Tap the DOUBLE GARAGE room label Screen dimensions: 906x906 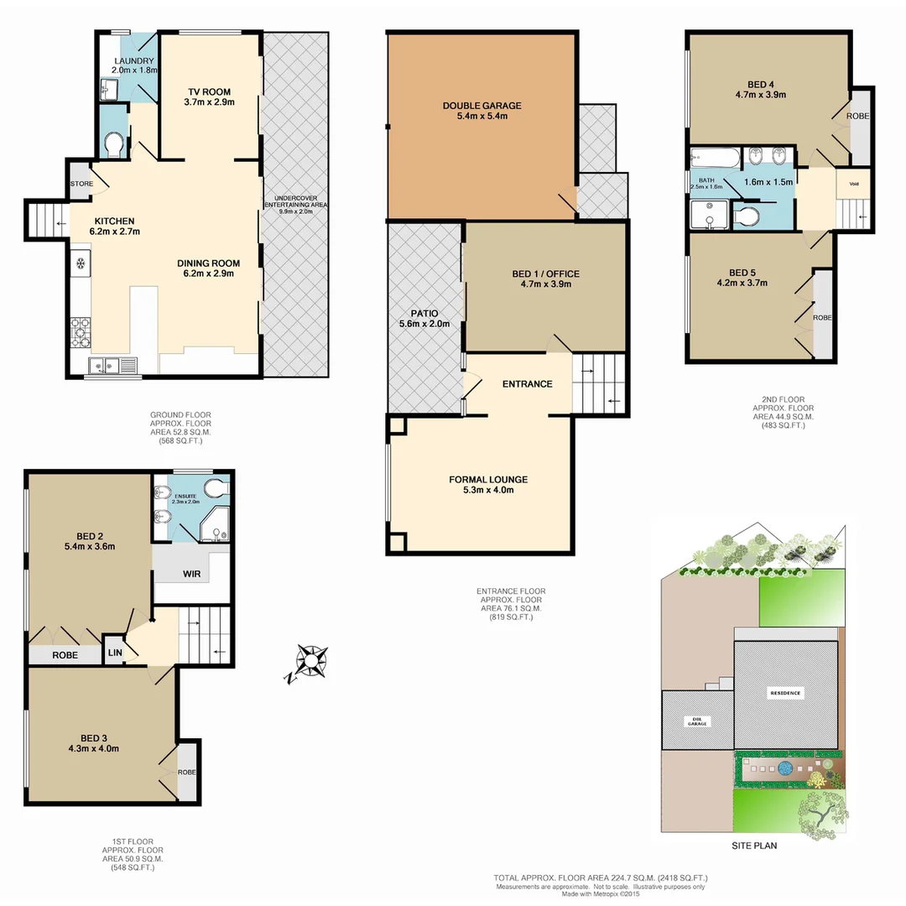[x=482, y=106]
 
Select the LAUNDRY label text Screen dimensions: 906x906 [x=133, y=61]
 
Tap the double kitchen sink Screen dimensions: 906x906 [x=107, y=364]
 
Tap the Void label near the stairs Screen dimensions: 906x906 [x=853, y=184]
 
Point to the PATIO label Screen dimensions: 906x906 [x=425, y=313]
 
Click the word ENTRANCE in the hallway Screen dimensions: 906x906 [x=527, y=384]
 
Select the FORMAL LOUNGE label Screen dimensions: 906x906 [x=487, y=480]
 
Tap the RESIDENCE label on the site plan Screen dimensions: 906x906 [x=786, y=693]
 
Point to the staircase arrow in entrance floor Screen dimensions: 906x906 [x=614, y=401]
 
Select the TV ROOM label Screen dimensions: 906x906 [x=208, y=91]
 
